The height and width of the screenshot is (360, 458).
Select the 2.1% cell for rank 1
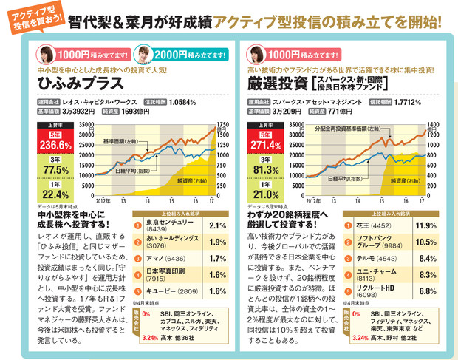click(216, 225)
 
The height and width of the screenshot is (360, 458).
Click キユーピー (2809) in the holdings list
click(171, 293)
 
